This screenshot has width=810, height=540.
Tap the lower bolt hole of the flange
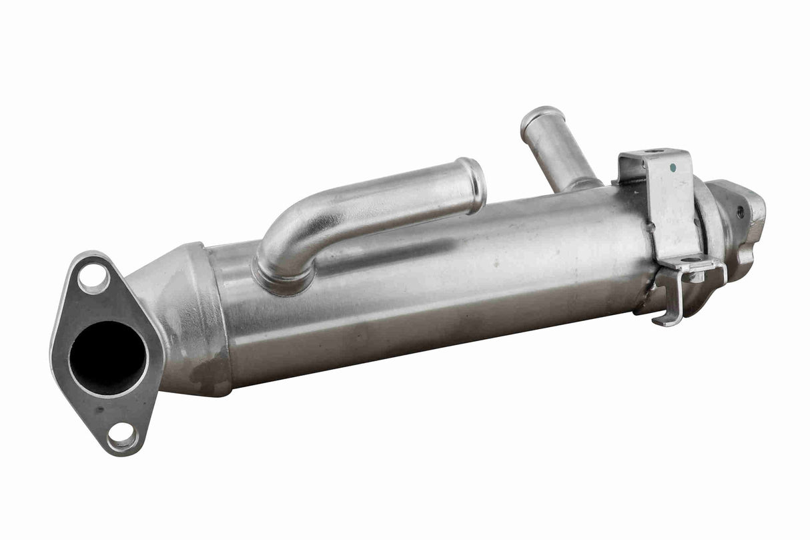tap(123, 436)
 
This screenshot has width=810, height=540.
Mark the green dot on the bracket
tap(673, 168)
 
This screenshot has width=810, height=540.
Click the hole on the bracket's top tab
tap(654, 152)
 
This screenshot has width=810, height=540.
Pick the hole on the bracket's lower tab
tap(691, 260)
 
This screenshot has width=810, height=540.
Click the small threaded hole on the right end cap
tap(740, 214)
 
